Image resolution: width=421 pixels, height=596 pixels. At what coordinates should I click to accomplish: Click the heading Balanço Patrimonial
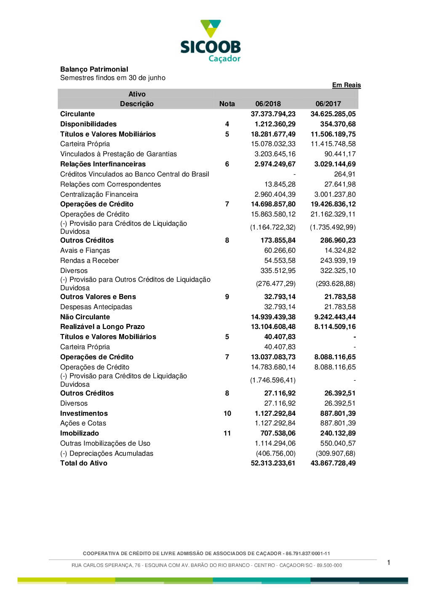(x=94, y=69)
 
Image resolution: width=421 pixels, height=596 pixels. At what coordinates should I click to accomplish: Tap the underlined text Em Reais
(x=346, y=85)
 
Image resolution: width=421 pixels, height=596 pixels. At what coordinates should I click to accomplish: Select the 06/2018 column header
(x=268, y=104)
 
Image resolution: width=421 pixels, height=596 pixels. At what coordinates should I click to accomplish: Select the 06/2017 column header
(x=328, y=104)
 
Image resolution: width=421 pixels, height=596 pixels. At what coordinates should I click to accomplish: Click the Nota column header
(x=227, y=104)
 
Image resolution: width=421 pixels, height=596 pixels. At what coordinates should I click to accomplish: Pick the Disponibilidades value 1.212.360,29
(x=275, y=124)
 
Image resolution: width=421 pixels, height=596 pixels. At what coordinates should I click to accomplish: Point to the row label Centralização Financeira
(x=99, y=195)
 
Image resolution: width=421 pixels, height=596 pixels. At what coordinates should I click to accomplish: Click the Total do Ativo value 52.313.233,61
(x=273, y=463)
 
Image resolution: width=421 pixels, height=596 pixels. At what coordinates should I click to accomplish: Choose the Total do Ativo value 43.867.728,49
(x=333, y=463)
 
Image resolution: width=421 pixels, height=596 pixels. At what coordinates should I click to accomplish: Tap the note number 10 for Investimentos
(x=227, y=414)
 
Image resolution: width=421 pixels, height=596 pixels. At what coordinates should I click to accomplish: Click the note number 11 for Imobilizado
(x=227, y=433)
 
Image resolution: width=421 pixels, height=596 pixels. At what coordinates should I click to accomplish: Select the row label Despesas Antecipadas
(x=96, y=307)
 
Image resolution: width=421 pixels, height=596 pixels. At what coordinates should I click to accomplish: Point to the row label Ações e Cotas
(x=83, y=423)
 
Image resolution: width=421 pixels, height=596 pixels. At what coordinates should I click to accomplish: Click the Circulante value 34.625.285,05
(x=333, y=114)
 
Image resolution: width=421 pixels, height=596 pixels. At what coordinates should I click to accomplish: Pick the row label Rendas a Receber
(x=89, y=261)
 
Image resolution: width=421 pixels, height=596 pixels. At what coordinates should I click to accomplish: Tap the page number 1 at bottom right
(x=389, y=563)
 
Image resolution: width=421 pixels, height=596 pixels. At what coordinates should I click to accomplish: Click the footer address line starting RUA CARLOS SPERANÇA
(x=207, y=565)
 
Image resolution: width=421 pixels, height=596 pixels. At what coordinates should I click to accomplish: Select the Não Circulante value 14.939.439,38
(x=273, y=317)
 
